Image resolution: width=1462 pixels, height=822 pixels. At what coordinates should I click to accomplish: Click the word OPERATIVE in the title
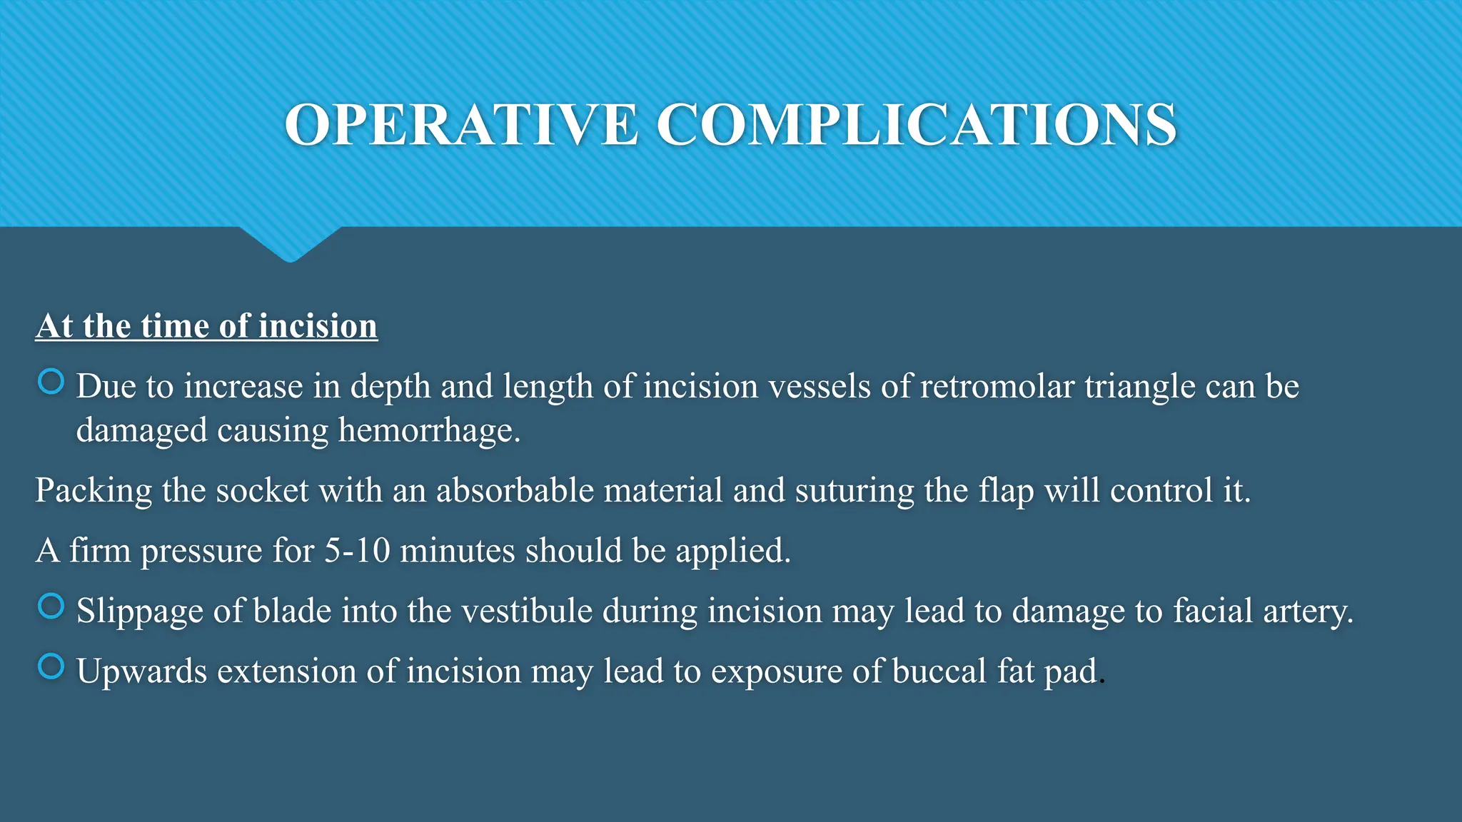(461, 125)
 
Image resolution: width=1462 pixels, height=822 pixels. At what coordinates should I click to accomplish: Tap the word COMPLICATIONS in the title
(916, 125)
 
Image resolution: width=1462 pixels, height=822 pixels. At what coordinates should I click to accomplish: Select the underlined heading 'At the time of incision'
(206, 326)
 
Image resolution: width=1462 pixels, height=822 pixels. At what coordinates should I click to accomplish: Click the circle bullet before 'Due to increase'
(51, 382)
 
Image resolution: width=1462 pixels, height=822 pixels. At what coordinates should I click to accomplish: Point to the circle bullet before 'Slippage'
(51, 607)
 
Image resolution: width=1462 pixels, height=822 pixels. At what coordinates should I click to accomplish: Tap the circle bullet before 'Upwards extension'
(51, 666)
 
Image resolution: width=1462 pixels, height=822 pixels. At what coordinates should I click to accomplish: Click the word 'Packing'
(94, 492)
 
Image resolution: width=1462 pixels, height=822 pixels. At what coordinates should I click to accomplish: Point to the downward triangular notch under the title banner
(290, 243)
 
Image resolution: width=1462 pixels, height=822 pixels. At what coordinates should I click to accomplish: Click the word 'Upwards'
(141, 672)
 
